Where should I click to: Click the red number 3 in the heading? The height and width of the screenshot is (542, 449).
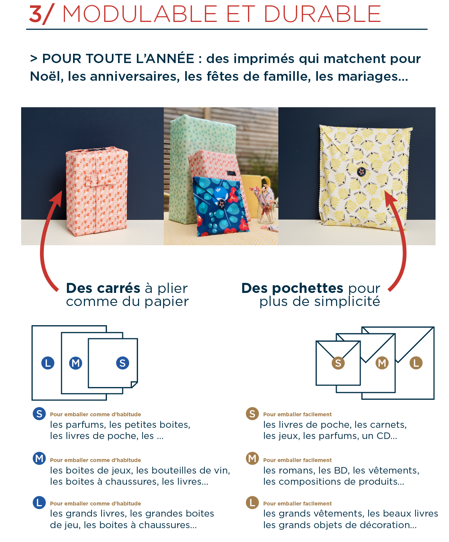(x=36, y=14)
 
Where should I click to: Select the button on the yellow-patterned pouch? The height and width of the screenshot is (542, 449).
(x=361, y=171)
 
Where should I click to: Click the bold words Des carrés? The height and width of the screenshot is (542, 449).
(x=103, y=288)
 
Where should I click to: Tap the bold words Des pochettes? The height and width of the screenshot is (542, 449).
(x=292, y=288)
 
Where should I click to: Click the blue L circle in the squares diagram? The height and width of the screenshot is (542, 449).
(x=48, y=363)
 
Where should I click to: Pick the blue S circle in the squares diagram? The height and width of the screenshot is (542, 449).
(x=123, y=363)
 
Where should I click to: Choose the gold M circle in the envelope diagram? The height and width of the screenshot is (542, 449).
(x=382, y=363)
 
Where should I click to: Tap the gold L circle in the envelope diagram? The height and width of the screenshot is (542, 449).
(x=416, y=363)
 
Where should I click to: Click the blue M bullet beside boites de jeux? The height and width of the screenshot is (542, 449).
(x=39, y=458)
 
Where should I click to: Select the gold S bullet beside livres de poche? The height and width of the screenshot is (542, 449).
(x=252, y=414)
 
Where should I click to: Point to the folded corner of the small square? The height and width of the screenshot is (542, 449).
(x=134, y=384)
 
